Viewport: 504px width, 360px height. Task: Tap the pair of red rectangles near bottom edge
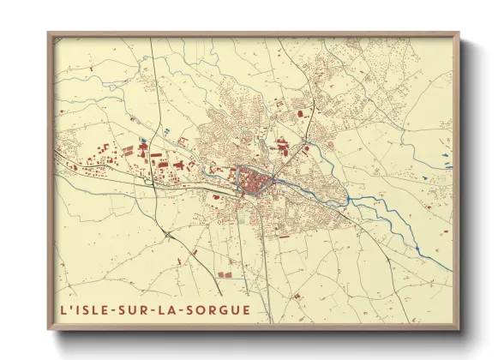pyautogui.click(x=226, y=275)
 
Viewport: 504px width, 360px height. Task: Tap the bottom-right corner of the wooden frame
pyautogui.click(x=459, y=329)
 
